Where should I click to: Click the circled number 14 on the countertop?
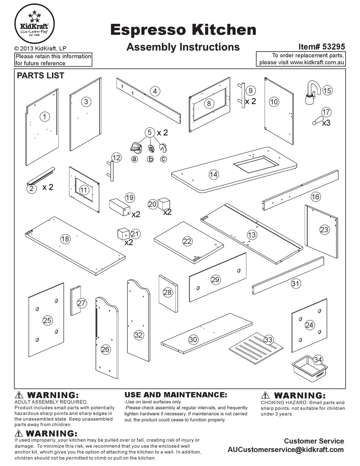[214, 174]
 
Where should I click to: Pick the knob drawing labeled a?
[135, 148]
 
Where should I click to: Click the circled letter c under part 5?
[163, 159]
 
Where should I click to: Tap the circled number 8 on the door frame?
[209, 103]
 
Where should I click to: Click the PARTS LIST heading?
[41, 75]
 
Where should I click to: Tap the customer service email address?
[286, 450]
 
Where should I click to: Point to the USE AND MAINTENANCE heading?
[176, 395]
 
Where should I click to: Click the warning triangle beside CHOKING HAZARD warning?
[266, 395]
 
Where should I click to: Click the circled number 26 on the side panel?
[105, 349]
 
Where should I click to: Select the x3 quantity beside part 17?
[326, 122]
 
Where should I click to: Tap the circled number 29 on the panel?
[215, 280]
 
